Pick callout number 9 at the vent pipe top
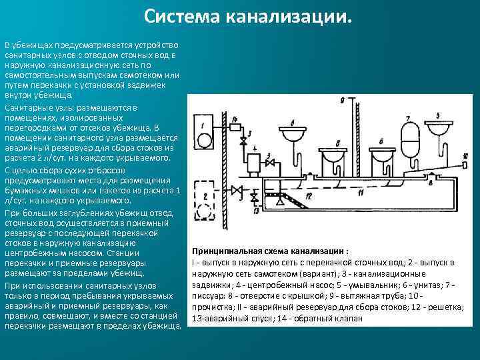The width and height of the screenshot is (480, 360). click(x=342, y=100)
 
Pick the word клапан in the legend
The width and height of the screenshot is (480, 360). click(x=347, y=319)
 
